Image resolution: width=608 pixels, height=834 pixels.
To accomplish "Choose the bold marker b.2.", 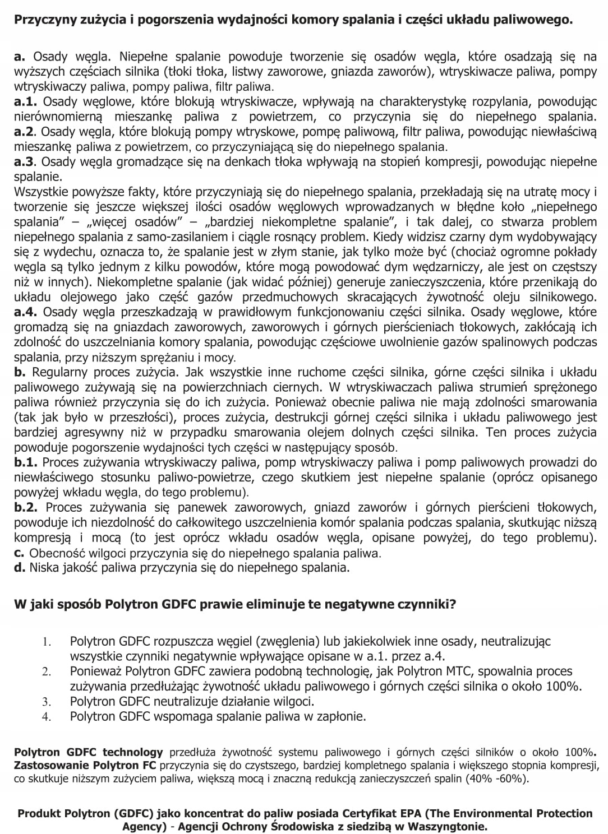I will [26, 507].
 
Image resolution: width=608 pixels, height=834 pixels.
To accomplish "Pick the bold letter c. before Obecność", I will [20, 553].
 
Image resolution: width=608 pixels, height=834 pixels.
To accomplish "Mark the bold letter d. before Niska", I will [20, 567].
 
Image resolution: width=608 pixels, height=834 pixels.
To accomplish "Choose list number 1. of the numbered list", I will [46, 641].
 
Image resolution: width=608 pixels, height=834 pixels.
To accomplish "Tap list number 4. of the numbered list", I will [46, 717].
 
